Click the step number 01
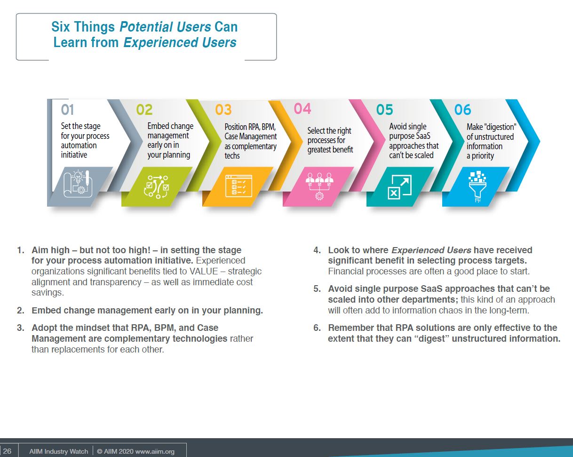(67, 110)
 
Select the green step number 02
(144, 110)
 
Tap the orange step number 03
(223, 110)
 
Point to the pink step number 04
(302, 109)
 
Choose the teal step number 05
(385, 110)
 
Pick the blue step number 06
(463, 110)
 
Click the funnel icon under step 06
(477, 186)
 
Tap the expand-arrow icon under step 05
(400, 187)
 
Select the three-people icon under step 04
(319, 186)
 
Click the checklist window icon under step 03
(239, 186)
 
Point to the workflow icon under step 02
(156, 187)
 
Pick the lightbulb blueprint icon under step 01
(78, 184)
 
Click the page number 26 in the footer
(7, 451)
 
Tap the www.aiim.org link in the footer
(155, 451)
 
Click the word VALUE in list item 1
(204, 271)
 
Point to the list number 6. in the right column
(317, 328)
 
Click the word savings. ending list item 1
(48, 293)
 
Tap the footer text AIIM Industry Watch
(59, 451)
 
